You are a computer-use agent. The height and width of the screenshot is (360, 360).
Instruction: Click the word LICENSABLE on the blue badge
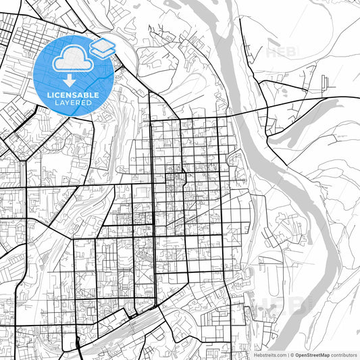coord(74,95)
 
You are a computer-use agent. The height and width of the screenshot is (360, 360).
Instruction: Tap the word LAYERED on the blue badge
coord(74,103)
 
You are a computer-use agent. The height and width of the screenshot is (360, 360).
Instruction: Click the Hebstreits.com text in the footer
coord(270,355)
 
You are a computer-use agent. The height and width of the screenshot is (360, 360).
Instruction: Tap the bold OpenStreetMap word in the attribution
coord(311,355)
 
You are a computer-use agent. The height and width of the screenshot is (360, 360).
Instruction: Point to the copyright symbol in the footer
coord(292,355)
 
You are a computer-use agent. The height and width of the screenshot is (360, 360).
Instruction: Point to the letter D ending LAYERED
coord(91,103)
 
